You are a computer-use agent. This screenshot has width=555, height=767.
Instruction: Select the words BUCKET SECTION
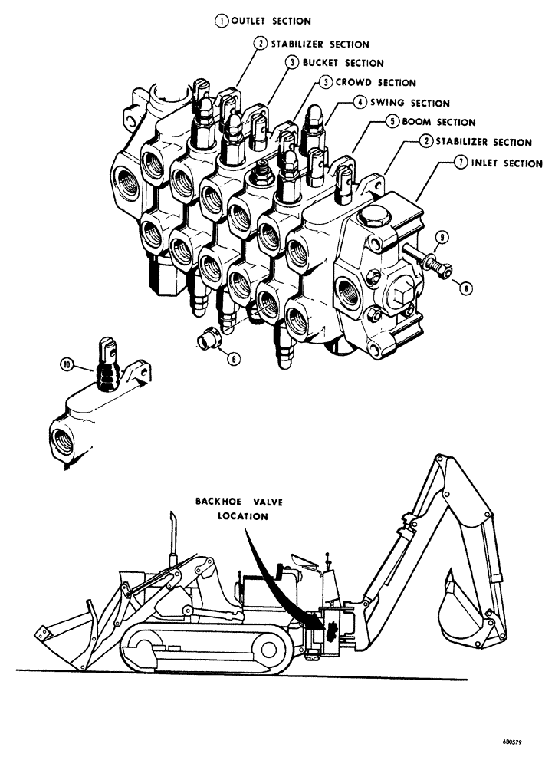click(x=343, y=63)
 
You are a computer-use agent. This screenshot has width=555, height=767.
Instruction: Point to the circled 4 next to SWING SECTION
click(x=359, y=103)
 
